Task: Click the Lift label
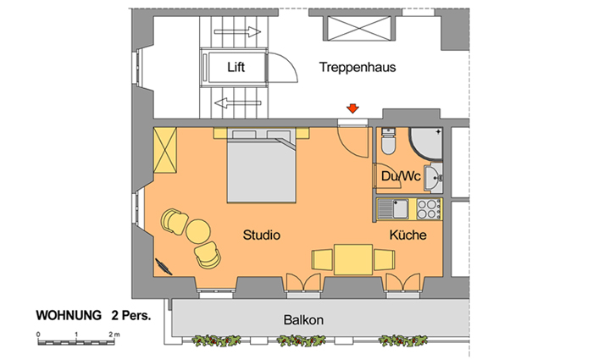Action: (236, 67)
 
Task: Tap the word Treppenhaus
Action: (357, 67)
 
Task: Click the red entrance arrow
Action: (352, 108)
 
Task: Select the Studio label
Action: (261, 235)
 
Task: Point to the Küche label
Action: (408, 235)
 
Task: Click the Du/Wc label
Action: (401, 176)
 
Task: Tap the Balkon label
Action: (303, 320)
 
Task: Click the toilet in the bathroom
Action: (388, 141)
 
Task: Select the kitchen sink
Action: (393, 209)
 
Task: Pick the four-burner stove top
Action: (429, 209)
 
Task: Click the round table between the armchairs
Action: (197, 231)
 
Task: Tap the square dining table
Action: (353, 259)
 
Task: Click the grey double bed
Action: (261, 166)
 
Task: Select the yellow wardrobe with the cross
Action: (165, 150)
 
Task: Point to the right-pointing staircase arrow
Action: (237, 32)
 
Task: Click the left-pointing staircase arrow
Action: (237, 102)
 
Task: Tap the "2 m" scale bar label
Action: (114, 335)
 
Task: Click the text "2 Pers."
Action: (130, 315)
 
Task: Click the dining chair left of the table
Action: (323, 260)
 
